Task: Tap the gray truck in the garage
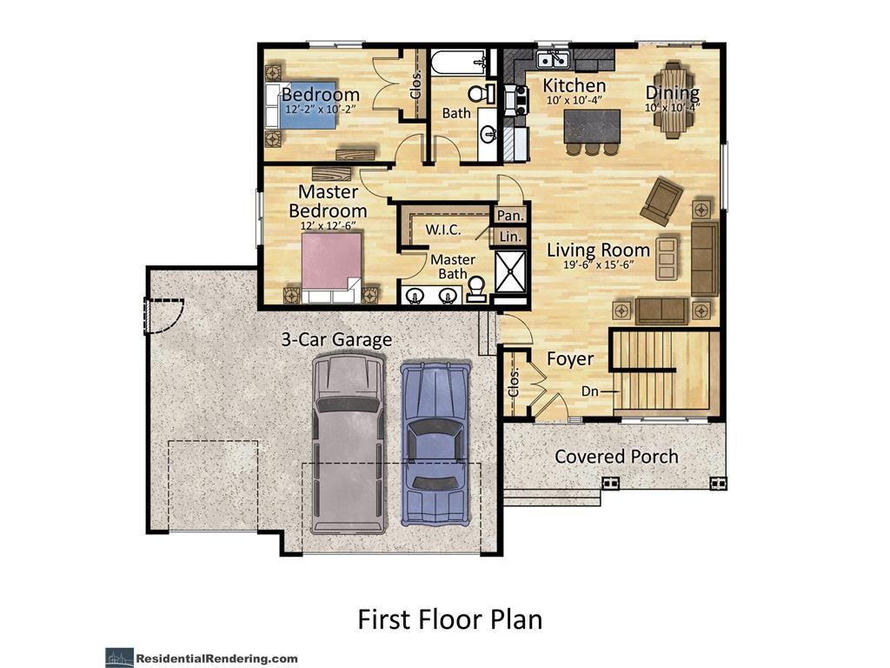(348, 444)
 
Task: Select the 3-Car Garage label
(336, 340)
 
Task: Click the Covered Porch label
(616, 456)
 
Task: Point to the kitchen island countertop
(592, 126)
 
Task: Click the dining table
(674, 100)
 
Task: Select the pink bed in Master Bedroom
(331, 268)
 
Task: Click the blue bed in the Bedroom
(301, 105)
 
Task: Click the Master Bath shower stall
(511, 271)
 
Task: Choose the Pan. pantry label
(510, 216)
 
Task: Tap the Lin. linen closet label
(510, 237)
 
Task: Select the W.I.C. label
(442, 230)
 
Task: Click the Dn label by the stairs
(590, 391)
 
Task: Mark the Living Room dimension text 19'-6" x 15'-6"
(598, 264)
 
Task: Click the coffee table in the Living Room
(667, 259)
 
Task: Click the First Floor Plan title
(450, 619)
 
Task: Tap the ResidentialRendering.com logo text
(216, 659)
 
